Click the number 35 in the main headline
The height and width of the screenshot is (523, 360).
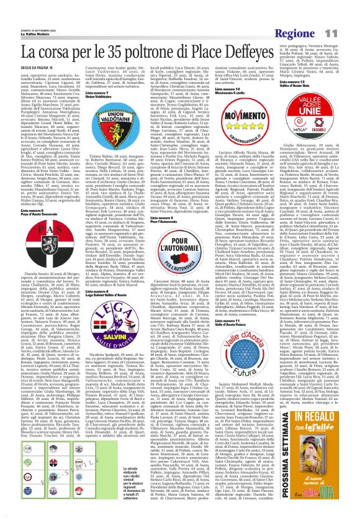tap(112, 34)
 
